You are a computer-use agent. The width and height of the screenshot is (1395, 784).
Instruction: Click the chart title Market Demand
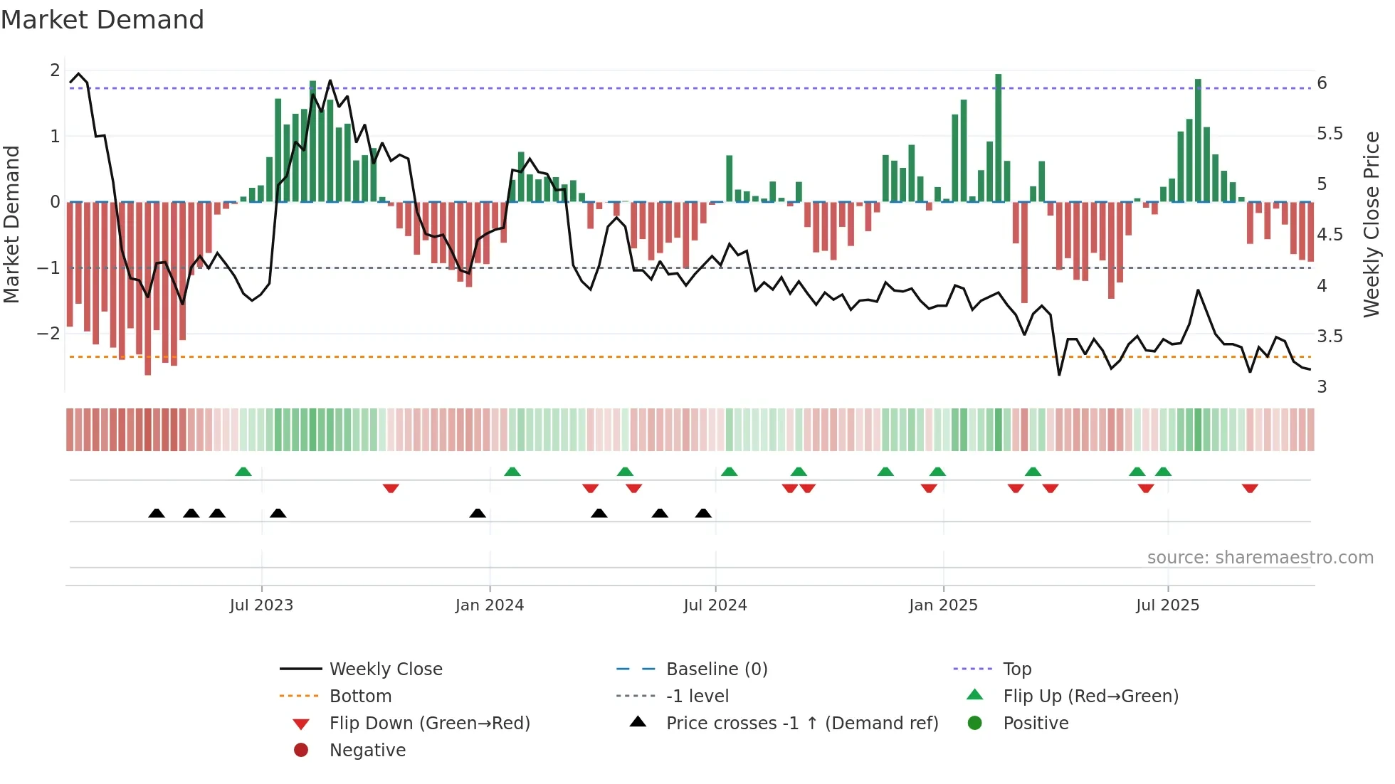(102, 20)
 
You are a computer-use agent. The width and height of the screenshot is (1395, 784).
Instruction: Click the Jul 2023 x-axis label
(261, 605)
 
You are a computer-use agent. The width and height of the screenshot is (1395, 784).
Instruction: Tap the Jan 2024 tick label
(490, 605)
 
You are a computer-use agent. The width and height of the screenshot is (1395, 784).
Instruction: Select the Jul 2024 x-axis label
(715, 605)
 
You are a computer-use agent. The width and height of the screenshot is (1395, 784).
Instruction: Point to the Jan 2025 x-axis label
(943, 605)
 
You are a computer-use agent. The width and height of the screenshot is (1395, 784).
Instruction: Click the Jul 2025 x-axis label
(1167, 605)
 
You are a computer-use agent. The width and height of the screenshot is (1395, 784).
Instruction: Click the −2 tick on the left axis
(49, 334)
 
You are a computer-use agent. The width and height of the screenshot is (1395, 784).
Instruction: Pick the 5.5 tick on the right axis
(1330, 134)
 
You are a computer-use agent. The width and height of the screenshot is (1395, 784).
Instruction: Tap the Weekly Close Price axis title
(1372, 224)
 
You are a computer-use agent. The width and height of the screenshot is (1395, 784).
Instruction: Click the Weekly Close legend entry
(386, 669)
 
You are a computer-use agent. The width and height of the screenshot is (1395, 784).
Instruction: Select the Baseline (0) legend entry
(717, 669)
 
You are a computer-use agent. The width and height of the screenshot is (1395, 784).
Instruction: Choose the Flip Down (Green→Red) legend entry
(429, 724)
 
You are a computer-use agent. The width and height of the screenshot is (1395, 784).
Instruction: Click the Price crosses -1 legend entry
(802, 724)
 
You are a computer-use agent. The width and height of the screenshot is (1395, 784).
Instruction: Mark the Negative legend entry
(367, 751)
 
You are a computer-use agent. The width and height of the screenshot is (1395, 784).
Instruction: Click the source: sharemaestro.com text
(1260, 558)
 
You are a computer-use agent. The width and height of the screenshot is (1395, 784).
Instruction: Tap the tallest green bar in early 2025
(999, 139)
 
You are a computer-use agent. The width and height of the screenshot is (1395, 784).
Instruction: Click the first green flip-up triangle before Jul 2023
(243, 472)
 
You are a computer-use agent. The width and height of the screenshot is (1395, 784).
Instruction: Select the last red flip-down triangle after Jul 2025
(1250, 488)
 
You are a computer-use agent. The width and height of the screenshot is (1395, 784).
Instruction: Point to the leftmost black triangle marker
(157, 514)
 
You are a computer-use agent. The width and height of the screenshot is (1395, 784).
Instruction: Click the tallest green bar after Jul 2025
(1198, 142)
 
